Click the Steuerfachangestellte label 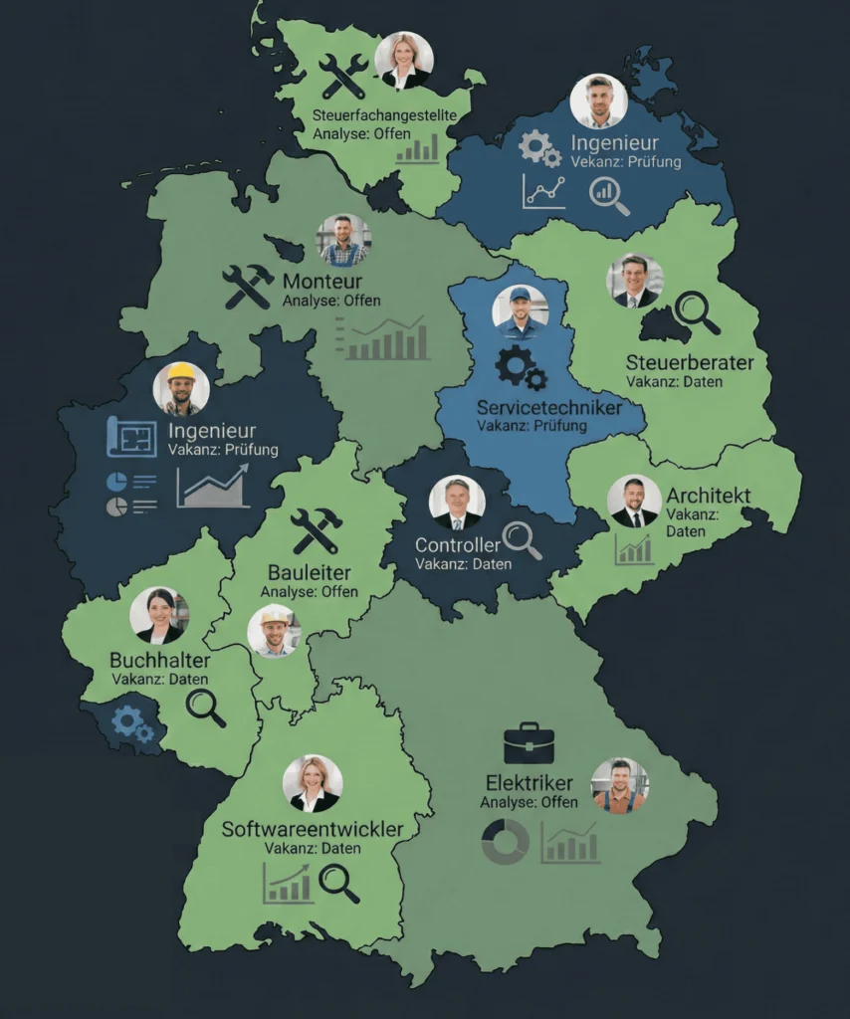(x=384, y=115)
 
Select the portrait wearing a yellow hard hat (x=181, y=388)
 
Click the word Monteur (x=321, y=281)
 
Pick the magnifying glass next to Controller (x=522, y=539)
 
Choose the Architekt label (x=709, y=496)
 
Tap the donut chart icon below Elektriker (x=505, y=842)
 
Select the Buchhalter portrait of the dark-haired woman (x=159, y=616)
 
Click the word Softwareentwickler (x=313, y=829)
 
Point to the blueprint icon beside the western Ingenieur (x=131, y=435)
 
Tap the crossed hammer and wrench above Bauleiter (x=316, y=530)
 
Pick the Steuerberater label (x=690, y=361)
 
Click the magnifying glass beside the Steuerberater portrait (x=697, y=311)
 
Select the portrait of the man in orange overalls (x=620, y=786)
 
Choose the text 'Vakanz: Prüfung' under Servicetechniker (x=531, y=426)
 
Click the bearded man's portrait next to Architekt (x=634, y=501)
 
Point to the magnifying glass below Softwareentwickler (x=338, y=883)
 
